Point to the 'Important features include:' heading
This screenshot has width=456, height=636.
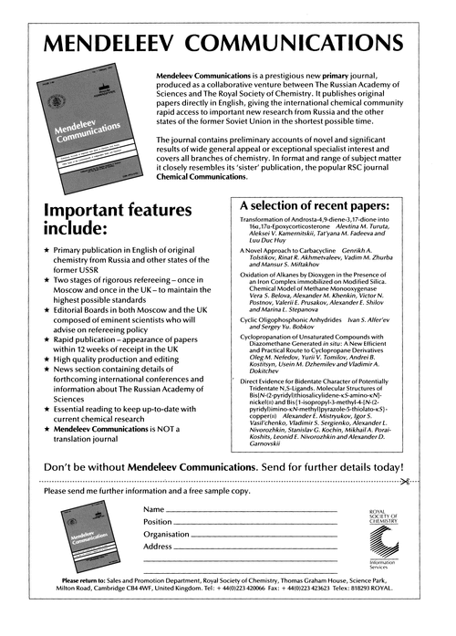tap(109, 224)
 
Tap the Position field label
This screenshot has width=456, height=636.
tap(159, 521)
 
